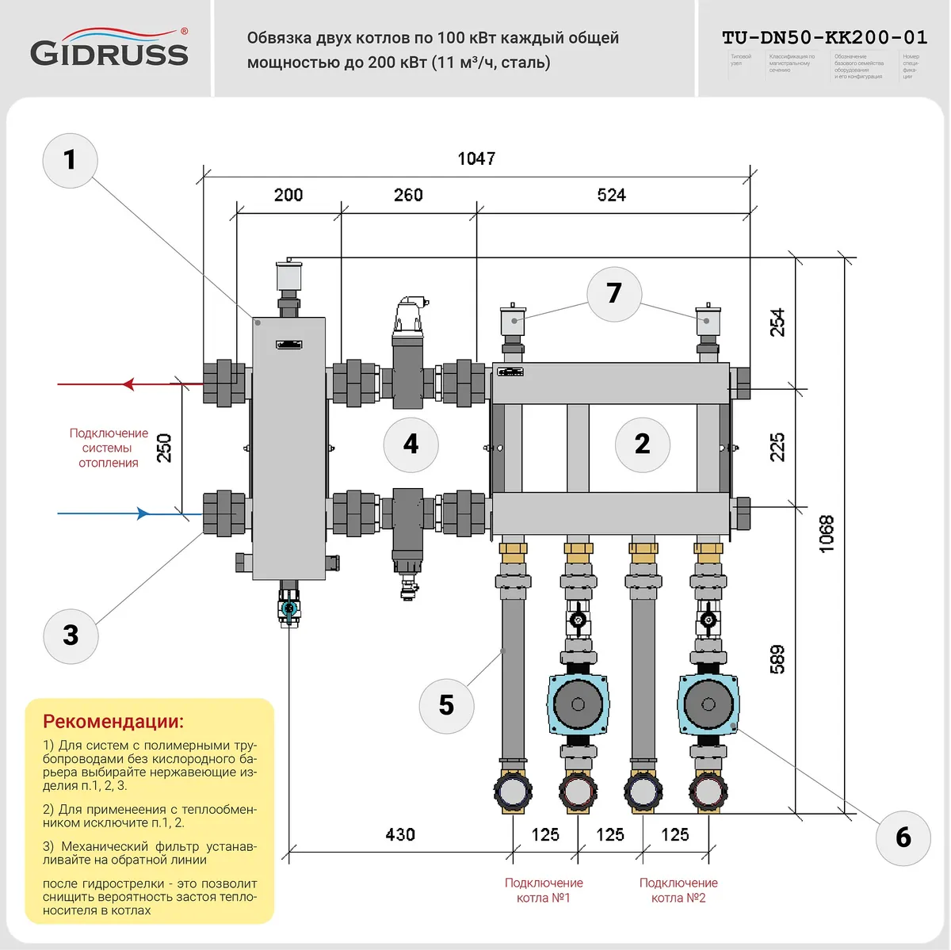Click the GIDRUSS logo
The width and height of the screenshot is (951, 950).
pyautogui.click(x=109, y=48)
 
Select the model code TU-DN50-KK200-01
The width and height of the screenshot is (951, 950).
pyautogui.click(x=824, y=37)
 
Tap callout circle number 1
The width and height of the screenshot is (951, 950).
pyautogui.click(x=70, y=160)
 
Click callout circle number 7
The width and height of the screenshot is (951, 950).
pyautogui.click(x=613, y=293)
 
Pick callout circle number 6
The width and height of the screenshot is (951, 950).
pyautogui.click(x=903, y=837)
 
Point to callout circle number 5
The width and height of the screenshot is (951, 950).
pyautogui.click(x=446, y=705)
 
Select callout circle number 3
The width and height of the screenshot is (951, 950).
pyautogui.click(x=71, y=635)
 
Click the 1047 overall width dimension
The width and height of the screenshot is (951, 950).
pyautogui.click(x=476, y=158)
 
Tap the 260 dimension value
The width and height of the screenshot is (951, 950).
pyautogui.click(x=408, y=195)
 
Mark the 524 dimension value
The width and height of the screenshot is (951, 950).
pyautogui.click(x=611, y=195)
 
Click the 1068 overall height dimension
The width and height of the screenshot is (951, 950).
pyautogui.click(x=827, y=534)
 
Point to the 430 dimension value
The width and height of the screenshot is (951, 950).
pyautogui.click(x=400, y=834)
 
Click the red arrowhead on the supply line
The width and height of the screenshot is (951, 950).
pyautogui.click(x=128, y=384)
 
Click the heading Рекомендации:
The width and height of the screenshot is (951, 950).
pyautogui.click(x=113, y=721)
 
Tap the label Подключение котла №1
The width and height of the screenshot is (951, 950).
pyautogui.click(x=544, y=890)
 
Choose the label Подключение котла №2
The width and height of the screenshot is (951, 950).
pyautogui.click(x=678, y=890)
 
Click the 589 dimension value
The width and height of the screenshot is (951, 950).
pyautogui.click(x=777, y=659)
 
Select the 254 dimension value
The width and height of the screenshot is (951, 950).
pyautogui.click(x=777, y=322)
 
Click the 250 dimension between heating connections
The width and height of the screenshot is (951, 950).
pyautogui.click(x=164, y=448)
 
